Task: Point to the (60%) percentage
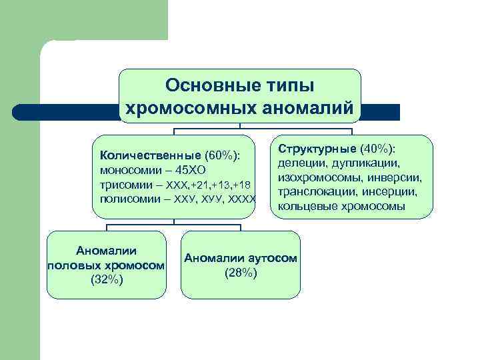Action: pos(222,155)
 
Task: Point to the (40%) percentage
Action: pos(377,147)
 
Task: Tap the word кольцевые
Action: pos(302,206)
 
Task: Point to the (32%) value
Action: pos(106,279)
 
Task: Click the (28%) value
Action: pos(241,273)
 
